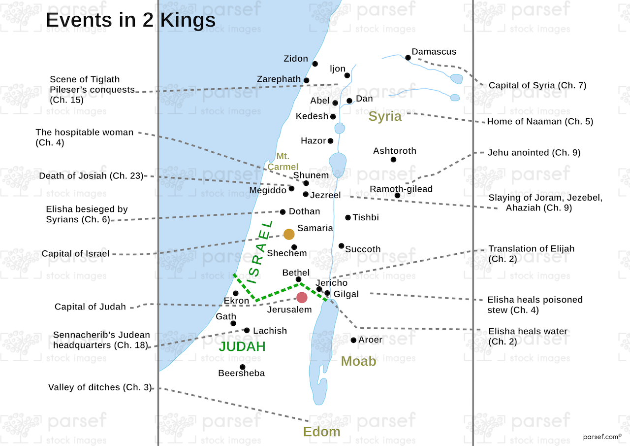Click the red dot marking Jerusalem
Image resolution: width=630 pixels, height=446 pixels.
point(302,297)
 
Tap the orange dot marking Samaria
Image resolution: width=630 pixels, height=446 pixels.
point(289,234)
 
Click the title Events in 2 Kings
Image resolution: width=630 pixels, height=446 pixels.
point(130,20)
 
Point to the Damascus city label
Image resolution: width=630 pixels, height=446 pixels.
point(434,52)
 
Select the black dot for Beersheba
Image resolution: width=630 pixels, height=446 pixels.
point(242,367)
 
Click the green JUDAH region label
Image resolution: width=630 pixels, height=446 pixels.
point(242,346)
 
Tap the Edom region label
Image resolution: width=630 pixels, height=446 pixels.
point(321,432)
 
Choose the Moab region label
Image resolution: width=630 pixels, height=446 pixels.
point(358,361)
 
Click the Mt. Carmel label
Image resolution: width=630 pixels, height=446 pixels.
point(283,162)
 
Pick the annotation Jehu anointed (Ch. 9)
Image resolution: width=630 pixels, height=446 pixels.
point(534,153)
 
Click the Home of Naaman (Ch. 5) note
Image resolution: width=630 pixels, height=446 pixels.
point(540,121)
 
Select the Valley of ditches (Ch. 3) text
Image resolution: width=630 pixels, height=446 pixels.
point(100,387)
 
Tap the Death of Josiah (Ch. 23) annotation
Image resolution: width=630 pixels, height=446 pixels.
point(91,176)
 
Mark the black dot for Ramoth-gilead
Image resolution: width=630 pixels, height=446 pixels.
point(397,196)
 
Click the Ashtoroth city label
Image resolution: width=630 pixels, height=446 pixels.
point(395,151)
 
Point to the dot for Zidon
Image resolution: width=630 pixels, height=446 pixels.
point(315,64)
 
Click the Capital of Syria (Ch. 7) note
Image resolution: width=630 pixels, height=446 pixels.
point(537,86)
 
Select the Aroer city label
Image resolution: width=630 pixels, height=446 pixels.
point(371,340)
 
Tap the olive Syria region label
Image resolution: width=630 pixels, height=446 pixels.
point(385,116)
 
